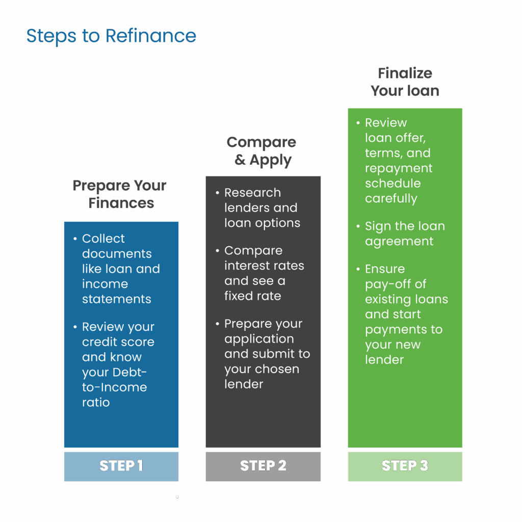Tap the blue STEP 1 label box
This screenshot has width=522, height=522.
click(121, 466)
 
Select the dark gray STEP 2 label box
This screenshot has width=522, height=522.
click(263, 466)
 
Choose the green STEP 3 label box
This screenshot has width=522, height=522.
click(405, 466)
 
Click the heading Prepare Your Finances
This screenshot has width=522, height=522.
click(120, 194)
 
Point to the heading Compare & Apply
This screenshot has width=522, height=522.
click(262, 151)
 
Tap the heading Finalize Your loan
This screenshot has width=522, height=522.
click(405, 82)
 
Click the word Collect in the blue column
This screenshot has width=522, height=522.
click(103, 239)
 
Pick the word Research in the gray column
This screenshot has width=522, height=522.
click(252, 193)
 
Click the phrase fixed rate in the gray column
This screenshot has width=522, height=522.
click(253, 296)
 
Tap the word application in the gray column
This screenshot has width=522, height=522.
click(259, 339)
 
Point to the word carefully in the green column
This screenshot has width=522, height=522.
click(391, 198)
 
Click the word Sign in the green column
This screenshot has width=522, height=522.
click(378, 226)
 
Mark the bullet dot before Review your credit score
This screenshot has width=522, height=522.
click(75, 327)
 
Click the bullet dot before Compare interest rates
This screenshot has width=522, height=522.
click(218, 250)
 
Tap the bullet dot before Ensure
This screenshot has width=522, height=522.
click(358, 269)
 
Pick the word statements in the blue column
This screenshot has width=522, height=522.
click(117, 299)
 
